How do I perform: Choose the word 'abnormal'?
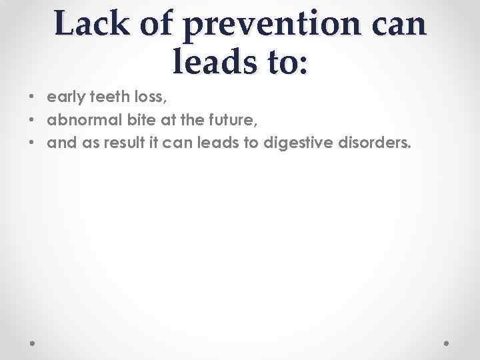pos(79,121)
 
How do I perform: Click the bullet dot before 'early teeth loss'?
pos(33,98)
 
